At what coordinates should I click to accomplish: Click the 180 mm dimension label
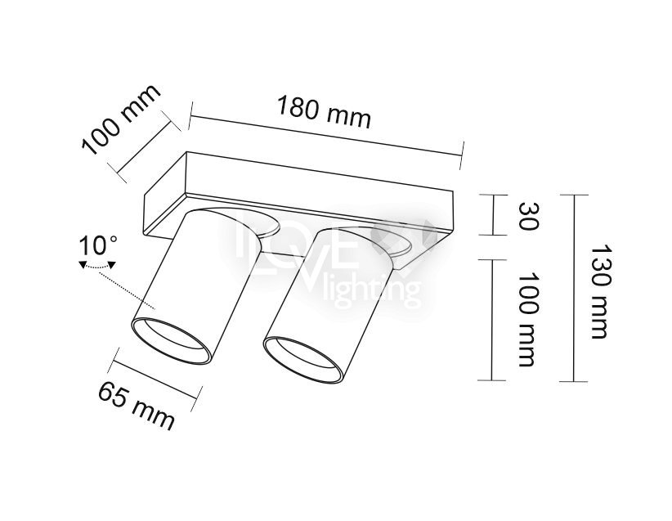coord(324,111)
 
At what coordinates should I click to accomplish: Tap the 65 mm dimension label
coord(137,405)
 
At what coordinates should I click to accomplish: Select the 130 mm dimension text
coord(599,292)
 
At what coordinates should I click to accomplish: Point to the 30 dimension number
coord(527,217)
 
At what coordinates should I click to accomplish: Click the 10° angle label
coord(98,245)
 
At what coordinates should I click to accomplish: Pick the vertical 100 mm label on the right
coord(527,320)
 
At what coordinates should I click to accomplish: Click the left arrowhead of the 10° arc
coord(83,265)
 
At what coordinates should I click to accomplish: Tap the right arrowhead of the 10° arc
coord(111,265)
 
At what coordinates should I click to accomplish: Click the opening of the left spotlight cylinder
coord(172,341)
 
